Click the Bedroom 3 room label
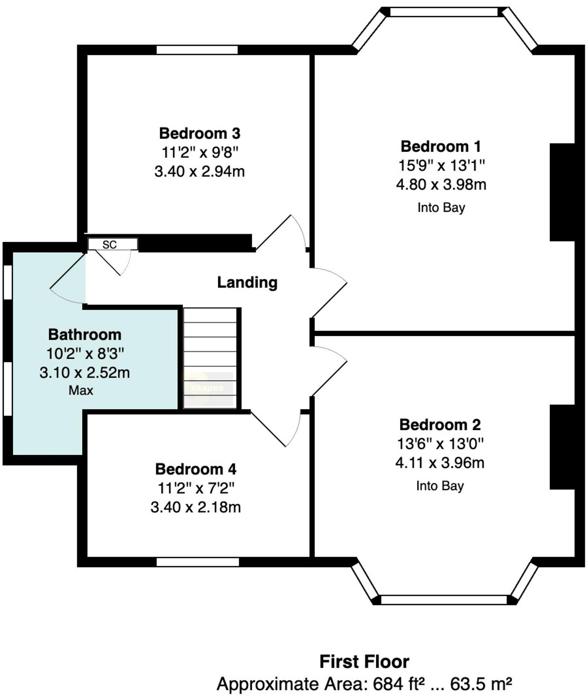pyautogui.click(x=200, y=134)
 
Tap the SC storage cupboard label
pyautogui.click(x=110, y=245)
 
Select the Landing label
pyautogui.click(x=247, y=282)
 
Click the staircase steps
pyautogui.click(x=210, y=357)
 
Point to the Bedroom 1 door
pyautogui.click(x=328, y=293)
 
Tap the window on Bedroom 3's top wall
pyautogui.click(x=197, y=50)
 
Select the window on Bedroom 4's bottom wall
pyautogui.click(x=198, y=562)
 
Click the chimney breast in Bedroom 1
pyautogui.click(x=562, y=192)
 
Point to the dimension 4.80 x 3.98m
pyautogui.click(x=441, y=185)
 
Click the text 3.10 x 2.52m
pyautogui.click(x=85, y=373)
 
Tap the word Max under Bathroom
pyautogui.click(x=81, y=390)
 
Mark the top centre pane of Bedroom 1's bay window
pyautogui.click(x=444, y=12)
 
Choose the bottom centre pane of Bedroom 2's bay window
pyautogui.click(x=443, y=600)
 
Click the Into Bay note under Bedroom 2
pyautogui.click(x=440, y=486)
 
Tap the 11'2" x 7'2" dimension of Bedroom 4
pyautogui.click(x=196, y=488)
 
